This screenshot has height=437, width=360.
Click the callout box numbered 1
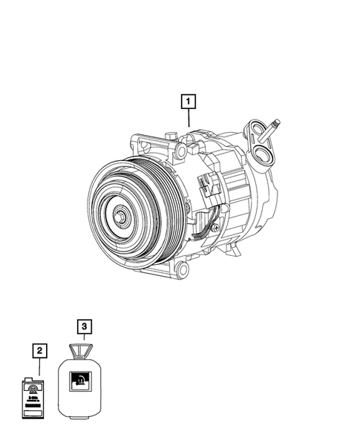[189, 100]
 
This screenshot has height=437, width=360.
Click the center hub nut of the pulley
[119, 217]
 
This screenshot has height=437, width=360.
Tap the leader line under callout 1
[189, 117]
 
